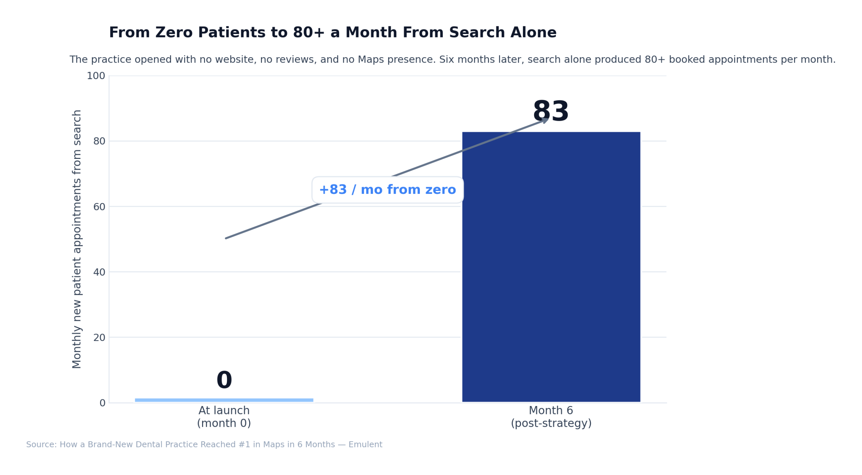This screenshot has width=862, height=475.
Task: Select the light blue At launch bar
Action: point(224,400)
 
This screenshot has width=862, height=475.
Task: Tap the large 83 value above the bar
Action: point(551,111)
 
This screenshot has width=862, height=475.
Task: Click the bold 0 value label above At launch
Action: point(224,380)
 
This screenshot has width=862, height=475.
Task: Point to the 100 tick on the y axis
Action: point(96,76)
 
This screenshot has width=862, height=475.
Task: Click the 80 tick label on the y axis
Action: point(99,141)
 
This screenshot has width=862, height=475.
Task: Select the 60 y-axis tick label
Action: point(99,206)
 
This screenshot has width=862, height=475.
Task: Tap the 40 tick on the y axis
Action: point(99,272)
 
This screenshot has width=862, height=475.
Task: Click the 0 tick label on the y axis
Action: point(102,403)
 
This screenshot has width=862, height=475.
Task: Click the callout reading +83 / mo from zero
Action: point(387,190)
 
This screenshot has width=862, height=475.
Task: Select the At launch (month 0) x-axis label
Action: point(224,416)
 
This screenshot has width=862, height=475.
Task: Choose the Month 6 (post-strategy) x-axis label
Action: point(551,416)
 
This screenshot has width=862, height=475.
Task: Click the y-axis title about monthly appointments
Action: point(77,239)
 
